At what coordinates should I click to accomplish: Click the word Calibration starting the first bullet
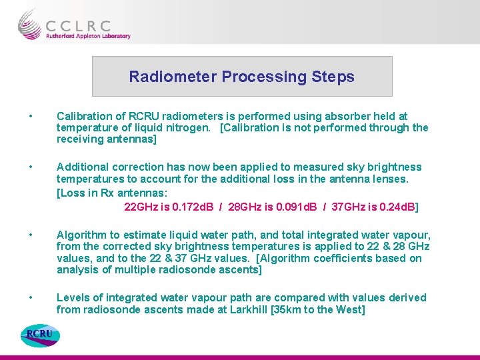(84, 117)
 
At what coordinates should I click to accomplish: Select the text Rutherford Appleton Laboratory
(88, 37)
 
